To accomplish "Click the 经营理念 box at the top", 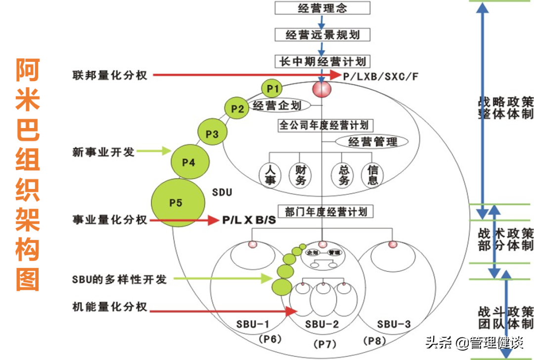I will [322, 8].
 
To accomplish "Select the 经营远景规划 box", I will [322, 34].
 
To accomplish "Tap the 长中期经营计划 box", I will [322, 61].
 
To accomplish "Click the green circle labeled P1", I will [271, 89].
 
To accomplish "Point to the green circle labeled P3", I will [212, 134].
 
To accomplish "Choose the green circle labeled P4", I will [189, 162].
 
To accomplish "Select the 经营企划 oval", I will [277, 106].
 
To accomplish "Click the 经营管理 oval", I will [373, 142].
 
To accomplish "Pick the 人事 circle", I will [270, 175].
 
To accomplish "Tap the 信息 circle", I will [372, 175].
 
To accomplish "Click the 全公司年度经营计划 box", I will [325, 125].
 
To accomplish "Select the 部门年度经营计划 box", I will [325, 212].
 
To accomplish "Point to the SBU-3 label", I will [394, 324].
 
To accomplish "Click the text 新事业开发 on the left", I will [103, 152].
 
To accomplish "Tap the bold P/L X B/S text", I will [249, 221].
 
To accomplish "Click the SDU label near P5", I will [222, 192].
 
